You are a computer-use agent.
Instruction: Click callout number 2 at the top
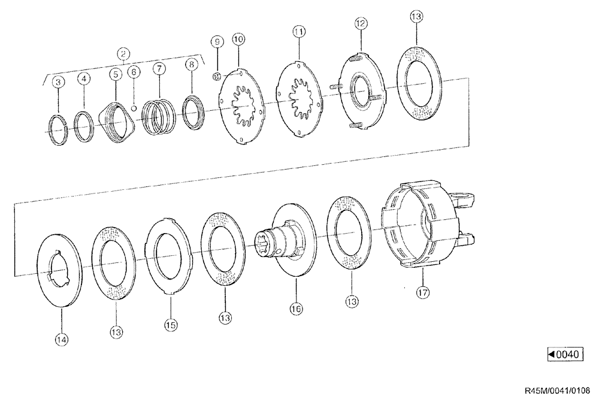pyautogui.click(x=123, y=54)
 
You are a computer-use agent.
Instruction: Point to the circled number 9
pyautogui.click(x=217, y=41)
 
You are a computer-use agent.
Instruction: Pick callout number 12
pyautogui.click(x=361, y=24)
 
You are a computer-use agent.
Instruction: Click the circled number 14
pyautogui.click(x=62, y=340)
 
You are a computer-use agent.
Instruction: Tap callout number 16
pyautogui.click(x=296, y=309)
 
